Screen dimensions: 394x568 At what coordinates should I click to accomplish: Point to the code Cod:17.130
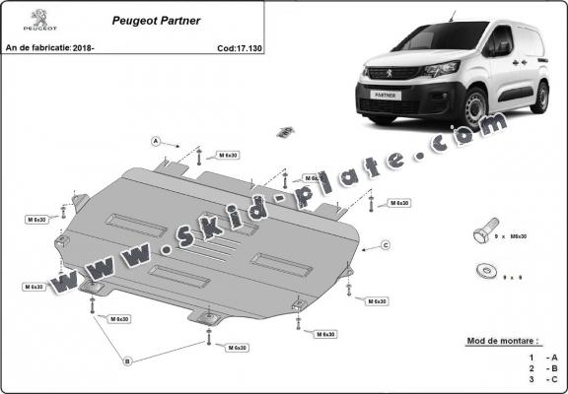(240, 46)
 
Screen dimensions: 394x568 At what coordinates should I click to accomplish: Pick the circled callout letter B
(127, 361)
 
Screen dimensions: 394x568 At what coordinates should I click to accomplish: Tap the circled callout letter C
(386, 244)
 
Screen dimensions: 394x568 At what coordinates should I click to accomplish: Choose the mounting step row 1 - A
(543, 356)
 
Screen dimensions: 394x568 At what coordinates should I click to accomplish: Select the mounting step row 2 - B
(543, 366)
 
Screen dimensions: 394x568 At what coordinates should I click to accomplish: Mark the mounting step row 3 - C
(543, 378)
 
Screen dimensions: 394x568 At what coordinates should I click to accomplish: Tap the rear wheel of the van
(541, 97)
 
